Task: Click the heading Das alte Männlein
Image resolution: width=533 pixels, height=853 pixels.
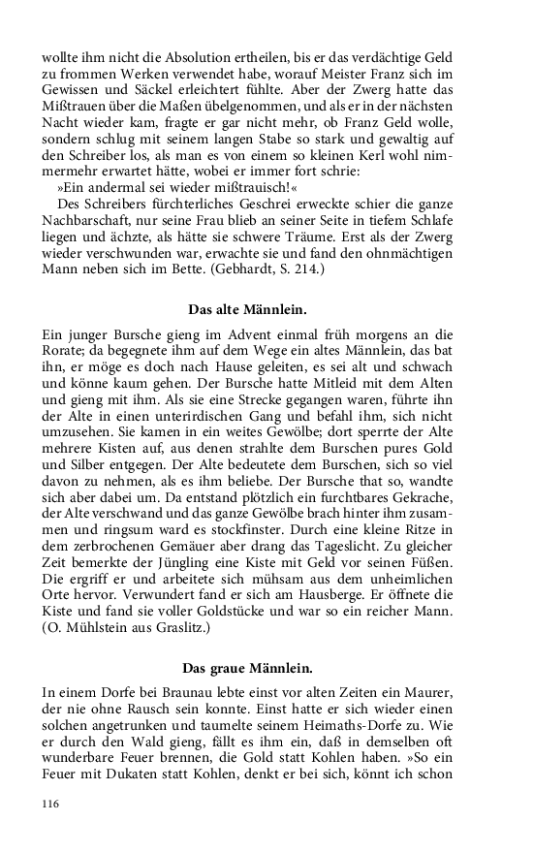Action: click(x=266, y=310)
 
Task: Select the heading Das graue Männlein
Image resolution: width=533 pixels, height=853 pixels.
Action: click(x=266, y=668)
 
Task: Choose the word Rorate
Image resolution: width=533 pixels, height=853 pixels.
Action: click(x=68, y=351)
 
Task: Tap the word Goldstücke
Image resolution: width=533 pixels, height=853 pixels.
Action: click(x=236, y=613)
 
